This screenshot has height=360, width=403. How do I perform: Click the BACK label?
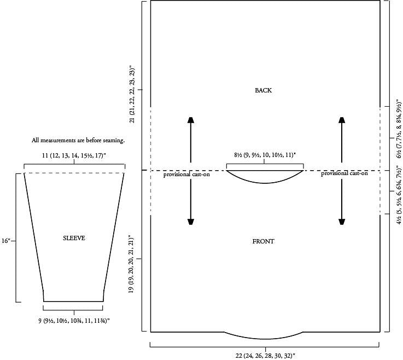263,90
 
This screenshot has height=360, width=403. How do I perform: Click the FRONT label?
263,241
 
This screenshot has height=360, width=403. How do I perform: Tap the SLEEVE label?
74,238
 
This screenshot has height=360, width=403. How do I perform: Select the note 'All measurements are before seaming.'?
78,141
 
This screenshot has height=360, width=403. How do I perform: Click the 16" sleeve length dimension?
5,241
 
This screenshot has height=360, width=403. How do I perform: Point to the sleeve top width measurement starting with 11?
74,155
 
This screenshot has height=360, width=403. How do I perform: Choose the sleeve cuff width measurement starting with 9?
74,321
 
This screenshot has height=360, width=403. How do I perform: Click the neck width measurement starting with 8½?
265,155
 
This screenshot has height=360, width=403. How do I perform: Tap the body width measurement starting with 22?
265,356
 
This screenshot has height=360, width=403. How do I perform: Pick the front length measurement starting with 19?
131,263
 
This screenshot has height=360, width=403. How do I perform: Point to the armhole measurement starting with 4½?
399,194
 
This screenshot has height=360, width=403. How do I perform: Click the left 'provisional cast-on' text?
186,175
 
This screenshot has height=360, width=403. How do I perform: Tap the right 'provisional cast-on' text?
344,173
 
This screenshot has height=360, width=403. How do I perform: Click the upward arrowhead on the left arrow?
191,120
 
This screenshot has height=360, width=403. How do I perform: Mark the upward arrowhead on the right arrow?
342,120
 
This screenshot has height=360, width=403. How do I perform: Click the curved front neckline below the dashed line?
265,183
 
